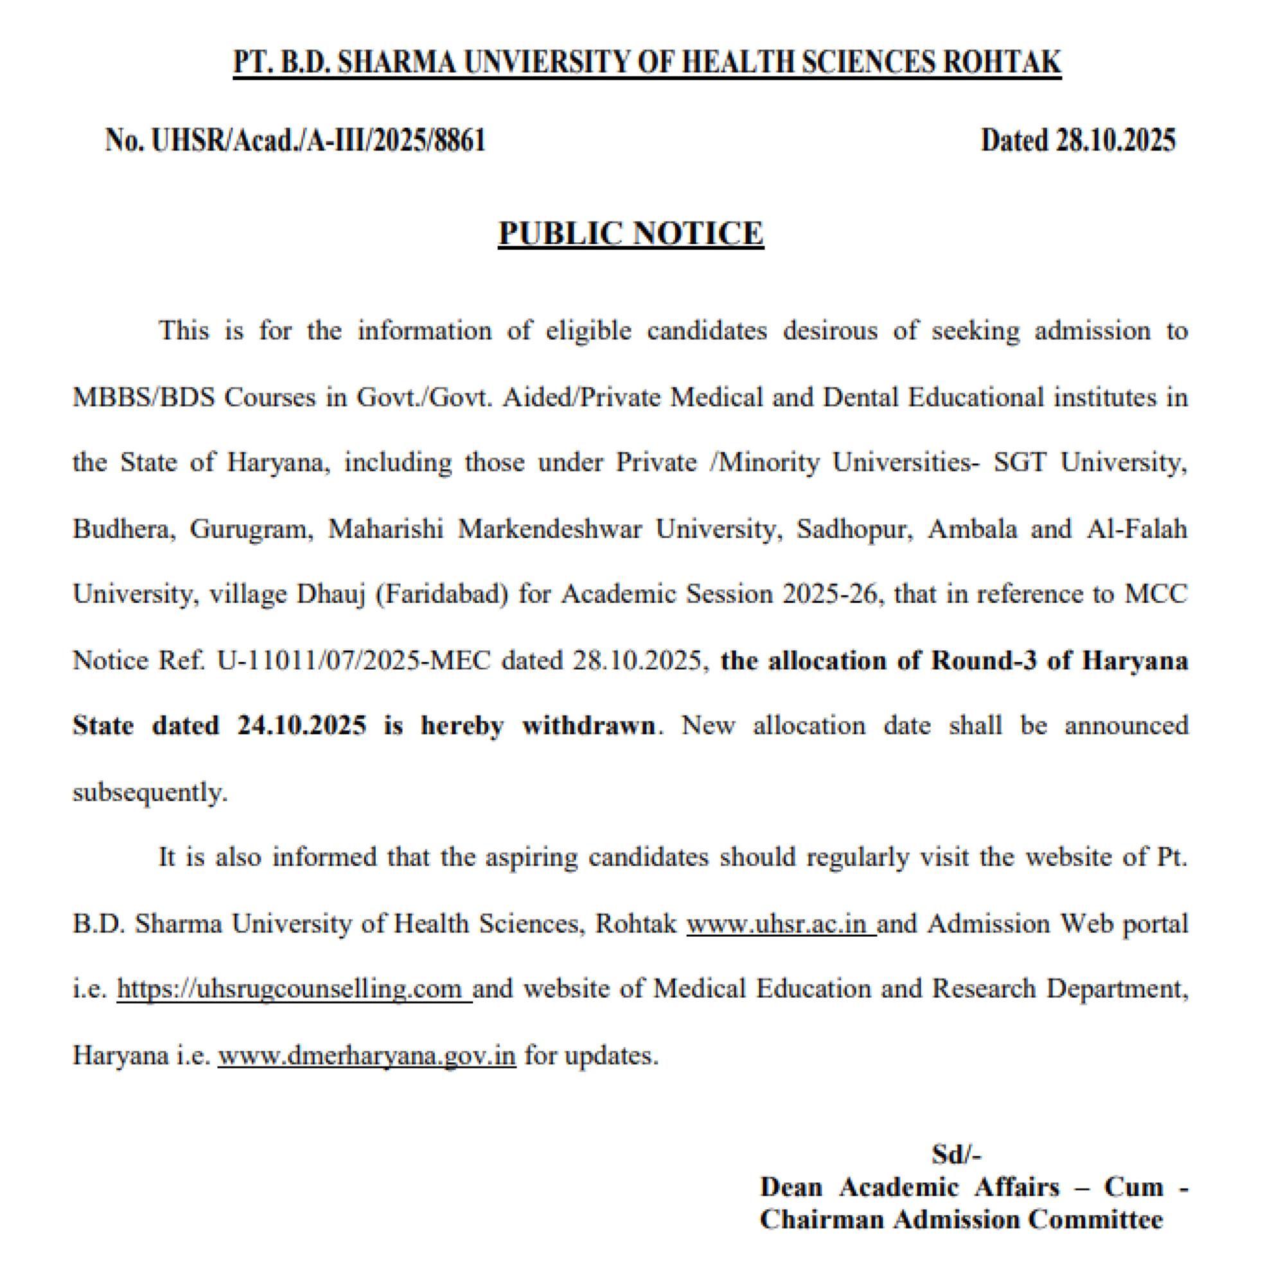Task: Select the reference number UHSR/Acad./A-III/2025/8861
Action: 318,140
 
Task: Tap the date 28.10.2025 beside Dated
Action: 1115,140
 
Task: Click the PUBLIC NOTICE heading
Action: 630,233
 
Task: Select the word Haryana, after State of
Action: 278,463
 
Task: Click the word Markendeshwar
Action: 549,529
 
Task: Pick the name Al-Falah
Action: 1136,529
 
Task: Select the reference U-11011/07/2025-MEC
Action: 353,660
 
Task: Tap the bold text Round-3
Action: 983,660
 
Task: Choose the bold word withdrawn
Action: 588,725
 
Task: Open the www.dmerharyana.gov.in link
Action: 366,1055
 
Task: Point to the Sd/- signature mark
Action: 957,1154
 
